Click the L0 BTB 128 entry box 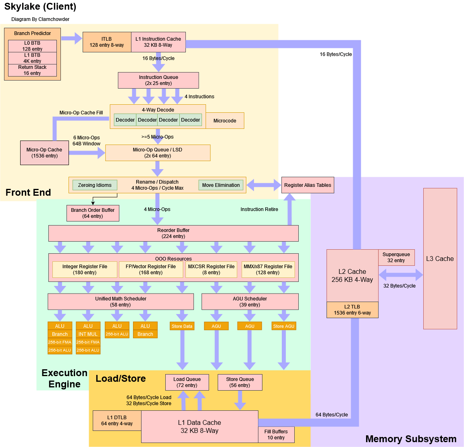click(32, 46)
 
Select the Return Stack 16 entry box click(32, 70)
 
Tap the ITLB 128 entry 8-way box click(107, 42)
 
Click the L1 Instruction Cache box click(158, 42)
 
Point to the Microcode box click(225, 121)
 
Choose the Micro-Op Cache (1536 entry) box click(44, 153)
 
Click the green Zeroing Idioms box click(95, 185)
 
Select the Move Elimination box click(221, 185)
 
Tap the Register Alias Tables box click(308, 185)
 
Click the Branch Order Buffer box click(93, 213)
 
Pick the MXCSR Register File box click(211, 269)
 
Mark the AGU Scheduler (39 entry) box click(250, 302)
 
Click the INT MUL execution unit click(88, 334)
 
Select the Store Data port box click(182, 326)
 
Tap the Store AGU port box click(284, 326)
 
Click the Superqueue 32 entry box click(396, 257)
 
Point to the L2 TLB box click(352, 310)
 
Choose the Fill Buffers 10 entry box click(276, 435)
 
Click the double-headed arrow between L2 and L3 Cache click(401, 275)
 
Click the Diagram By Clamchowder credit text click(40, 19)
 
